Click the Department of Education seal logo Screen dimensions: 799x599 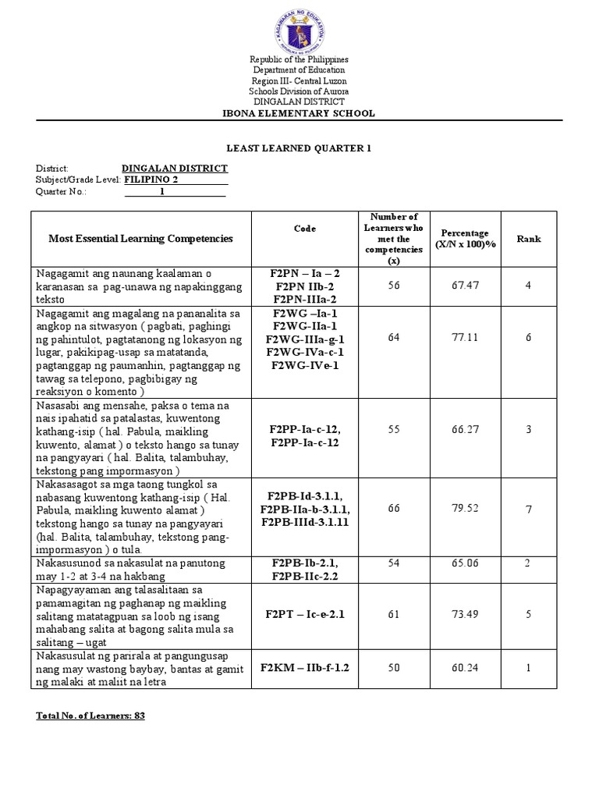[x=299, y=30]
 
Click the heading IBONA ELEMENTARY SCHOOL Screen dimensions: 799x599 [x=299, y=113]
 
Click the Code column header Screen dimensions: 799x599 [x=305, y=229]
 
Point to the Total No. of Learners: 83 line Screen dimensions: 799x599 [x=90, y=716]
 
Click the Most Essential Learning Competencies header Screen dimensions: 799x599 [x=141, y=239]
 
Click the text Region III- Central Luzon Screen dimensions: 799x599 [x=299, y=81]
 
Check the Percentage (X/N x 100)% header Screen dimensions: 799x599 [x=465, y=239]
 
